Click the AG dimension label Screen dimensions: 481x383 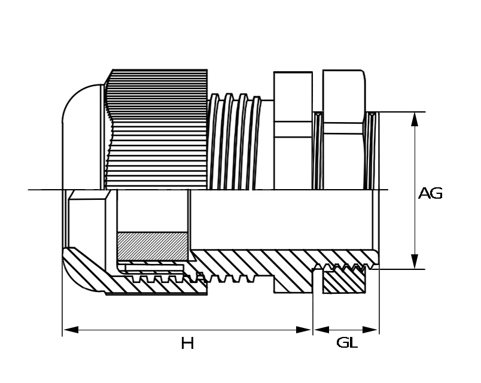point(430,193)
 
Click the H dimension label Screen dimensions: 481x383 point(187,343)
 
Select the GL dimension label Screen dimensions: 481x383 point(346,342)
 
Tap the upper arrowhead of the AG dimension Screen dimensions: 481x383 point(415,119)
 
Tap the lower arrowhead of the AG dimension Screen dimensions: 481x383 point(415,262)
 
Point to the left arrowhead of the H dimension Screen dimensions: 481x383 point(71,330)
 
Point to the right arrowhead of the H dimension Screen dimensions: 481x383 point(304,330)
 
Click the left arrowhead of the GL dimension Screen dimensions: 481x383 point(321,330)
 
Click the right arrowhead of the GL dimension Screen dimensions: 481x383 point(370,330)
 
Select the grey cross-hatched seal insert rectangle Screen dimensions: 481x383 point(153,245)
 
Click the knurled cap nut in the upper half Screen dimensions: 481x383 point(157,129)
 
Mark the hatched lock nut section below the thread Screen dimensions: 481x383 point(344,280)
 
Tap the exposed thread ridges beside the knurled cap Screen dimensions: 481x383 point(235,142)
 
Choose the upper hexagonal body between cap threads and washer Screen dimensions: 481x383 point(293,130)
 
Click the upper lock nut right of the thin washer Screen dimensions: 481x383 point(344,129)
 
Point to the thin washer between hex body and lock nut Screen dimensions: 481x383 point(318,150)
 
